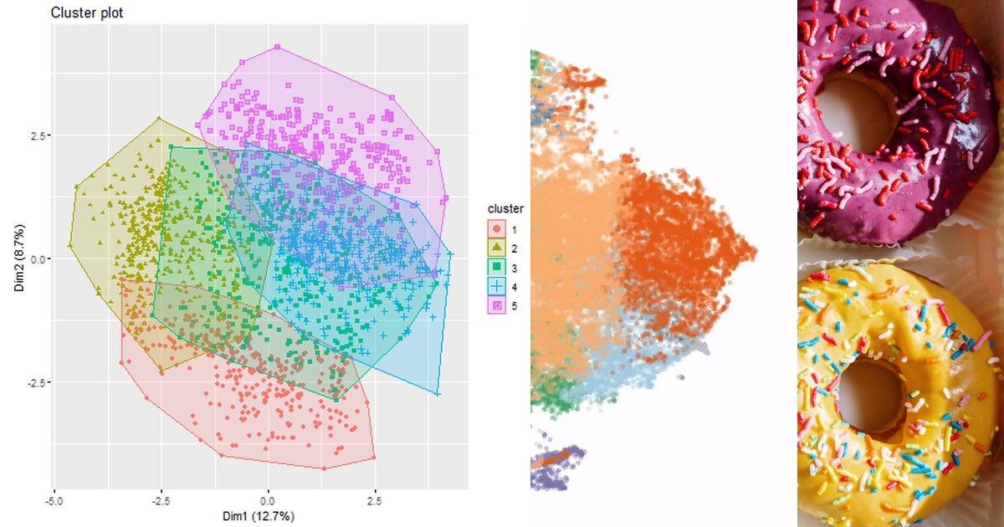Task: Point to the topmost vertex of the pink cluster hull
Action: pos(275,46)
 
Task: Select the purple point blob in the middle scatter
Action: pos(556,461)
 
